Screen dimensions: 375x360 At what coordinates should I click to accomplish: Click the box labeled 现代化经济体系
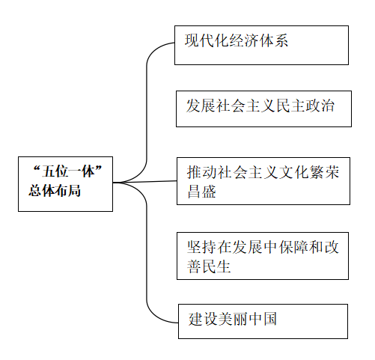[x=261, y=45]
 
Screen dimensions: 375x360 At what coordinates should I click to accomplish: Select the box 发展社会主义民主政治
[x=263, y=109]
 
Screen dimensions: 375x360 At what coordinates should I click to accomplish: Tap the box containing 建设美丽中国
[x=263, y=321]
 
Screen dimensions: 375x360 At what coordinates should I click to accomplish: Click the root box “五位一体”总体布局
[x=65, y=184]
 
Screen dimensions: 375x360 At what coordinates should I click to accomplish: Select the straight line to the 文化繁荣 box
[x=144, y=182]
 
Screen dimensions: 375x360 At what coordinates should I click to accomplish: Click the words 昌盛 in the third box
[x=201, y=192]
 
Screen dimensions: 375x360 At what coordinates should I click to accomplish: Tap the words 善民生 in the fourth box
[x=209, y=266]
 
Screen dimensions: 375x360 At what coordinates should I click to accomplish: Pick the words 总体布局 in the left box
[x=55, y=191]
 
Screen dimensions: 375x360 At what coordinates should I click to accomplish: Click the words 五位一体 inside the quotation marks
[x=68, y=171]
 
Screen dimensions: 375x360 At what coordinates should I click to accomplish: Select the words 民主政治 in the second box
[x=305, y=106]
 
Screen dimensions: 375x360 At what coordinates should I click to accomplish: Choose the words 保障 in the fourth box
[x=293, y=247]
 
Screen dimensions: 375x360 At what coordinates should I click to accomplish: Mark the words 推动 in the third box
[x=202, y=172]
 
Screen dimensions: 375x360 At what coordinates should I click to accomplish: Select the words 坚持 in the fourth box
[x=202, y=247]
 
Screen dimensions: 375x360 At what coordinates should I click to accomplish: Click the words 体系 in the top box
[x=273, y=40]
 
